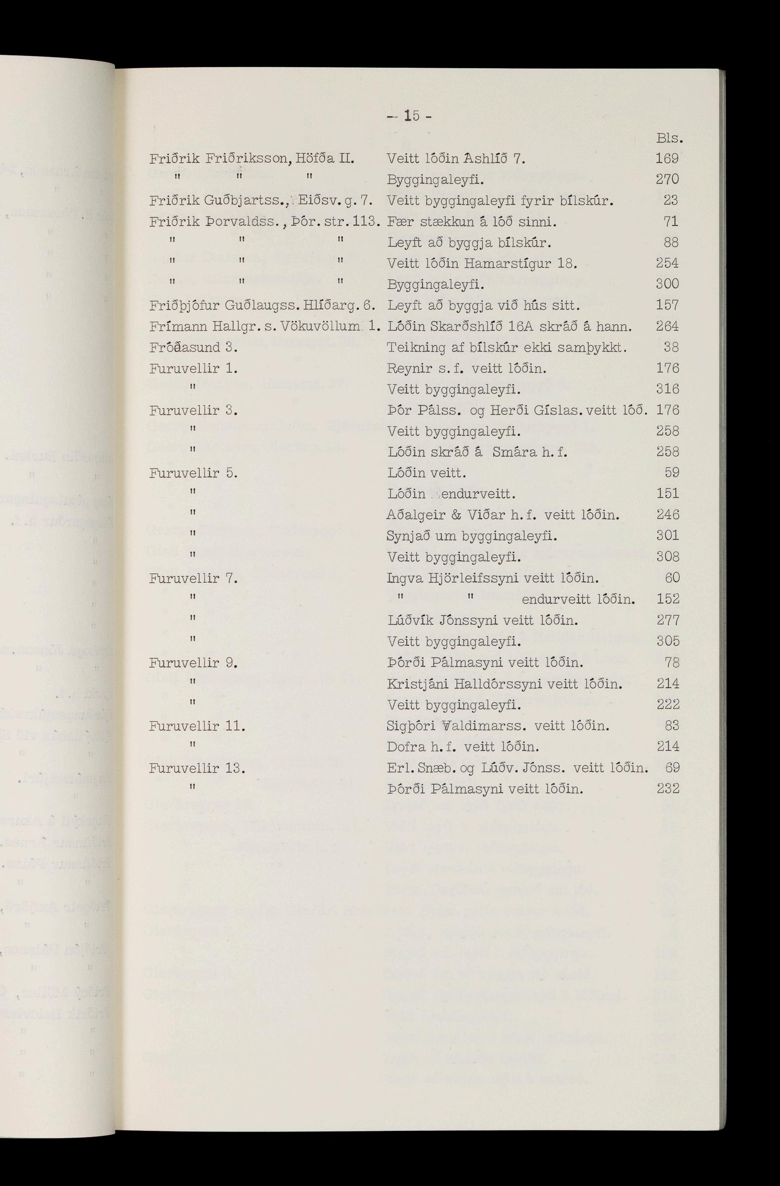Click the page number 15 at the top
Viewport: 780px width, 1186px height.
click(411, 116)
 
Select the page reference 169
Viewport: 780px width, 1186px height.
click(667, 159)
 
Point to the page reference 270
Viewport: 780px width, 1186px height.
click(667, 179)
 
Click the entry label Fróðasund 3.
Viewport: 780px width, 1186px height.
click(193, 348)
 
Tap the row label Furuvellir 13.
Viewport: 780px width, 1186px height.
click(197, 768)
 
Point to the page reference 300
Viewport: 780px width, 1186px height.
click(667, 284)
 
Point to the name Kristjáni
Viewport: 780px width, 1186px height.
click(418, 684)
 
